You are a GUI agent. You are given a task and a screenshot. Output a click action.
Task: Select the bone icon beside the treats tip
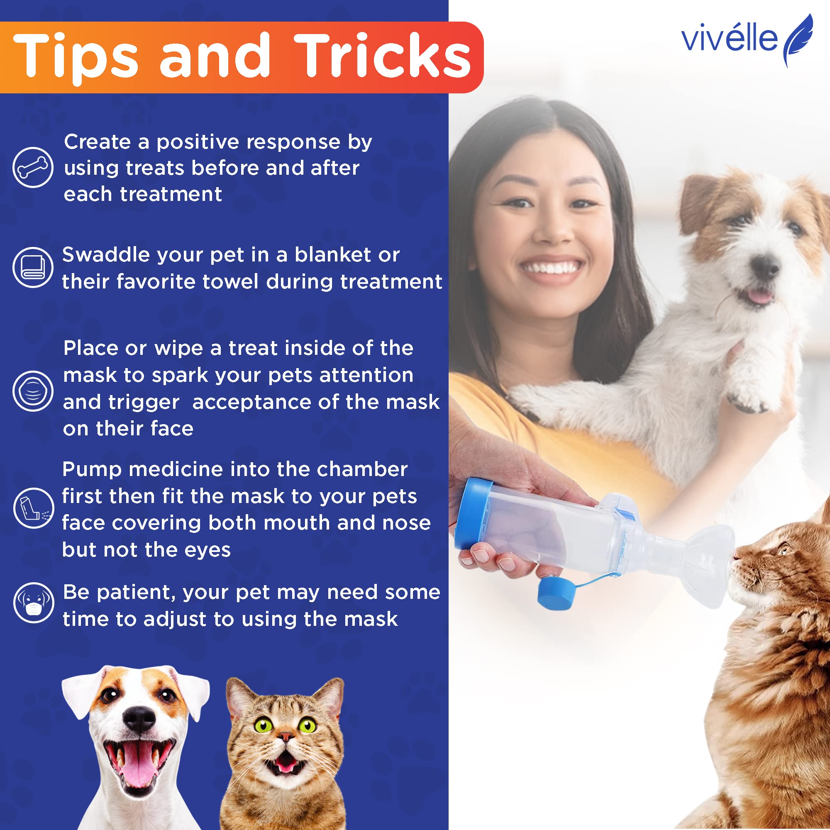pyautogui.click(x=33, y=167)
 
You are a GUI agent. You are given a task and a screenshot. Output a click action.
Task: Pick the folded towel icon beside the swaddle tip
pyautogui.click(x=33, y=267)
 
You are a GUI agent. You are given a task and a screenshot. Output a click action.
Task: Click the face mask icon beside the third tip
pyautogui.click(x=33, y=391)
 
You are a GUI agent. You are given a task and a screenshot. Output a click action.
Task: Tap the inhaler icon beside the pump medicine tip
pyautogui.click(x=33, y=508)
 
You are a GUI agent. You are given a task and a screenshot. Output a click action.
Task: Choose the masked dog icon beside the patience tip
pyautogui.click(x=33, y=603)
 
